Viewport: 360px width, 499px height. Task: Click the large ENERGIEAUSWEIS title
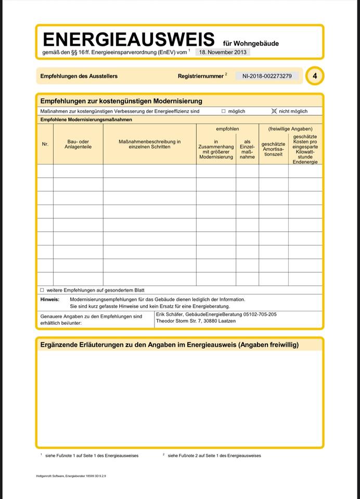point(128,40)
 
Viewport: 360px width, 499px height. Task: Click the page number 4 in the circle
point(315,76)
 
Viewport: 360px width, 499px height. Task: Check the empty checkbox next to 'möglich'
point(224,111)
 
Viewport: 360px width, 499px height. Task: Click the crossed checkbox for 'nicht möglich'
point(274,111)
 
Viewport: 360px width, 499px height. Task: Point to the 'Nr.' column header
point(45,144)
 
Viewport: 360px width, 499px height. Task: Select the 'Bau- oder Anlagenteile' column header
point(78,144)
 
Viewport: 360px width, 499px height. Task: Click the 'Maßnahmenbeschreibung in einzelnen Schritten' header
point(149,144)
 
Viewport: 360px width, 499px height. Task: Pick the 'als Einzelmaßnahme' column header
point(247,149)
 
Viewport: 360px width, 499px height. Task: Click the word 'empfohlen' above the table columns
point(227,128)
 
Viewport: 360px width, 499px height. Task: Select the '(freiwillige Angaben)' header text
point(290,128)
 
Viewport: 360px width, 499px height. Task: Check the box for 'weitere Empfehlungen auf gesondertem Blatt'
point(42,290)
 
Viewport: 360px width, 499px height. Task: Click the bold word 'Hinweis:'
point(50,299)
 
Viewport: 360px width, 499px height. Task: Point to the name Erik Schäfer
point(170,314)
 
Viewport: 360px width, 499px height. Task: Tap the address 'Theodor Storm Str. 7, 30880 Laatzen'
point(196,321)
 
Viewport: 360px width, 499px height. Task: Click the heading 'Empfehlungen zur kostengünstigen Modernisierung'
point(121,101)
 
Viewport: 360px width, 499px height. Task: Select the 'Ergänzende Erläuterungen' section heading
point(170,345)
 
